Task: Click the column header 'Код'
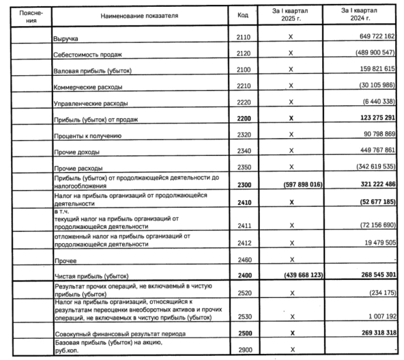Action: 243,14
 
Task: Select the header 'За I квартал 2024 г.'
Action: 360,14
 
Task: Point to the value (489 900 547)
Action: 368,53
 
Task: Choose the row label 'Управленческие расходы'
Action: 90,102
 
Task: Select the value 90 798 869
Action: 372,135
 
